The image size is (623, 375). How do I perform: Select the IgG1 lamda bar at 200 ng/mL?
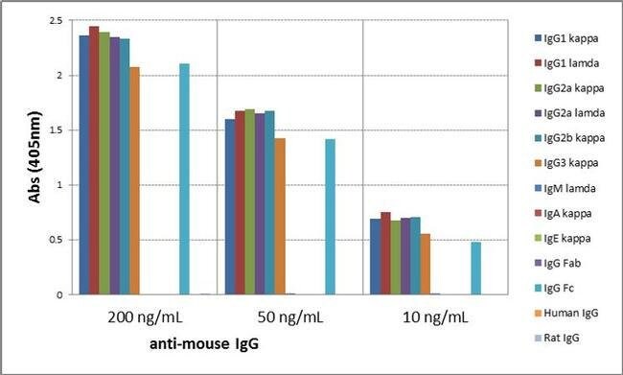(x=94, y=160)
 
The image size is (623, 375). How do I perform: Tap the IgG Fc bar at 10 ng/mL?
(x=475, y=268)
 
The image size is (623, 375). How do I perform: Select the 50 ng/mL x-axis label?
(x=289, y=315)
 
